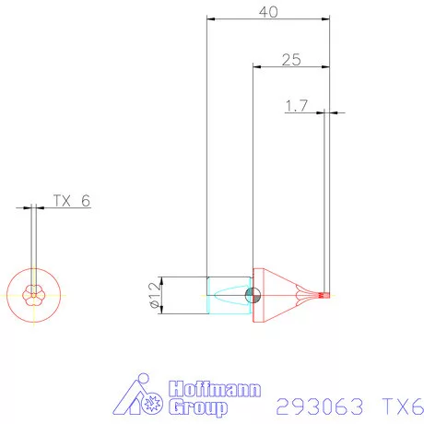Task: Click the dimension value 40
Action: (268, 12)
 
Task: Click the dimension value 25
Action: (291, 60)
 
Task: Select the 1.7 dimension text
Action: (296, 107)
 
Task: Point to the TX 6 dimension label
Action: (71, 201)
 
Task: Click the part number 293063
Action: (319, 405)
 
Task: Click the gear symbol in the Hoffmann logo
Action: (154, 404)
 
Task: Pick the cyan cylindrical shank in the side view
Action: (228, 295)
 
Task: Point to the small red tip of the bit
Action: (324, 295)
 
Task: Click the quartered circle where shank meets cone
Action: (255, 295)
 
